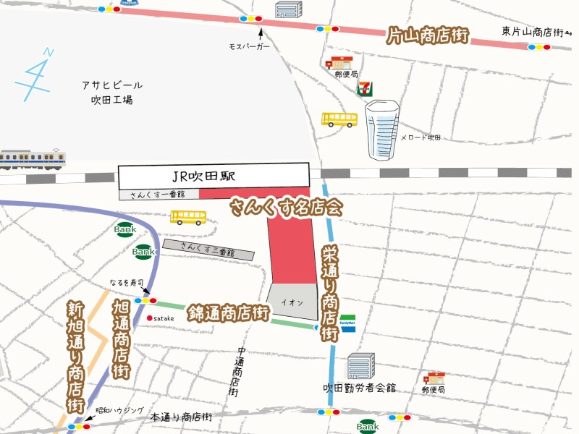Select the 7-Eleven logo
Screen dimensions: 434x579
365,88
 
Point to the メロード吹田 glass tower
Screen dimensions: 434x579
382,129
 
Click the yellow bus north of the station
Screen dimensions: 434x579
339,119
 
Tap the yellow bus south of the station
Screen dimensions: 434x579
188,217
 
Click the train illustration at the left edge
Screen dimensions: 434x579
33,158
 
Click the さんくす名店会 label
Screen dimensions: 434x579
285,208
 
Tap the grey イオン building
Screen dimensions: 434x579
293,301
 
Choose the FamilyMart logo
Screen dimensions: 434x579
349,323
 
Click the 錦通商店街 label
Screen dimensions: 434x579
228,313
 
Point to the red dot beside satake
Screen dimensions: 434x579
149,318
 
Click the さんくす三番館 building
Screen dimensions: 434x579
208,250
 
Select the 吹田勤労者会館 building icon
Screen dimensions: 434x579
360,367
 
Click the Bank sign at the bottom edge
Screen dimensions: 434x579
368,427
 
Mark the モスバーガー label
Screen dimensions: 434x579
249,46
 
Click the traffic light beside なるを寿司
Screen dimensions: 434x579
145,300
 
